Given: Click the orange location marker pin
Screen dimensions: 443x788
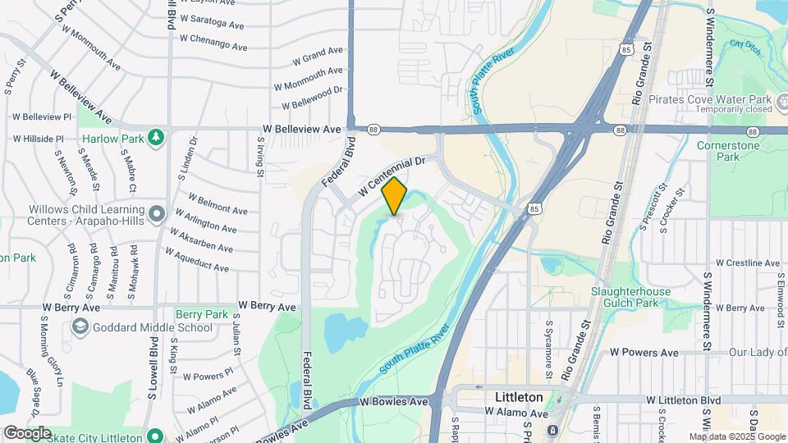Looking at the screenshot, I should tap(395, 195).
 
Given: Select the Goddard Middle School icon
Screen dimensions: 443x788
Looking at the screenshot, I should tap(80, 327).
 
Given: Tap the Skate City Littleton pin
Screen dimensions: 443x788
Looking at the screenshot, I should tap(153, 435).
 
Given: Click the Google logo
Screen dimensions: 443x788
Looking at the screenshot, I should tap(26, 433).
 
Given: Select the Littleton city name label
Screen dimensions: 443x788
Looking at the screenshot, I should tap(520, 397).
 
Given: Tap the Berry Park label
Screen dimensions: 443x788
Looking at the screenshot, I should tap(202, 314).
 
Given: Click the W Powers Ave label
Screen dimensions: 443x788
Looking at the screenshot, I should tap(644, 353).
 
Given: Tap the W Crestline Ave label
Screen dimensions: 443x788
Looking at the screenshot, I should tap(747, 263).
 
